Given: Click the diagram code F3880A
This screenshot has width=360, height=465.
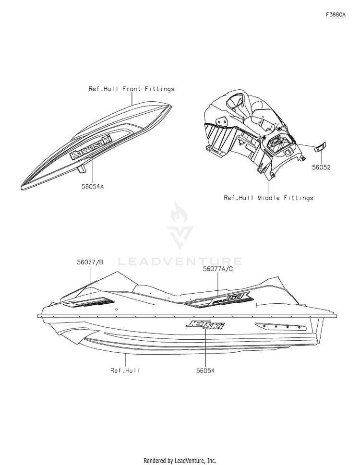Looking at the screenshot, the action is [336, 15].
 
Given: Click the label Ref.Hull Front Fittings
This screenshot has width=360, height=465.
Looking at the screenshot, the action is [125, 89].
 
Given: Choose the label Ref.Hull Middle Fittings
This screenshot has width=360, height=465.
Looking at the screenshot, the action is [268, 198].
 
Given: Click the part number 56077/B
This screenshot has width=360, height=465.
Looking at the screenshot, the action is [90, 262].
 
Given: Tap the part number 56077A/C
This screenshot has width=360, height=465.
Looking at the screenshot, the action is [219, 270].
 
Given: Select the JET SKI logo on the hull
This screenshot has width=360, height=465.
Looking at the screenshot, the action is [204, 325].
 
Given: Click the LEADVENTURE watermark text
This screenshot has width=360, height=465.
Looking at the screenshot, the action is [180, 262].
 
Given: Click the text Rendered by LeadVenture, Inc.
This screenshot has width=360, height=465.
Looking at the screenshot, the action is [180, 460].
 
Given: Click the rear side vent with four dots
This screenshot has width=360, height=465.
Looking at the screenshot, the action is [281, 327].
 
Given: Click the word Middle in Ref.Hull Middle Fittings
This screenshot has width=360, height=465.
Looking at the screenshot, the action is [274, 198].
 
